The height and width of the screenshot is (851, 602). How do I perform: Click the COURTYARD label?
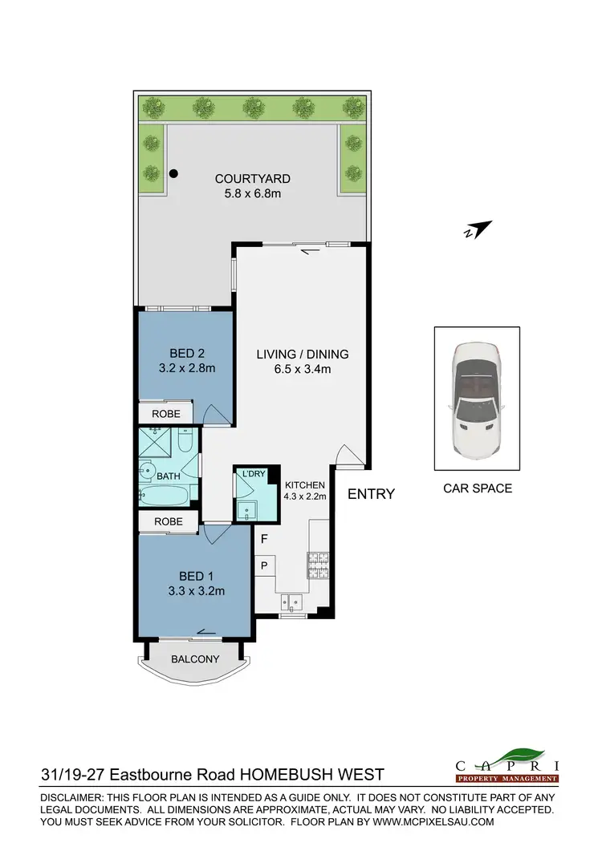tap(252, 179)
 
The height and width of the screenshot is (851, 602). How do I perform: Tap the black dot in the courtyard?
tap(173, 173)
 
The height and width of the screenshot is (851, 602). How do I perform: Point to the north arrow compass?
tap(477, 230)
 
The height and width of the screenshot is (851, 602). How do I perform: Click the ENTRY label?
tap(371, 494)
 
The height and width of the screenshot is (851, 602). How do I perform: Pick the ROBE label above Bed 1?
tap(168, 521)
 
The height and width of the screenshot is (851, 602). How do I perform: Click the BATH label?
tap(168, 476)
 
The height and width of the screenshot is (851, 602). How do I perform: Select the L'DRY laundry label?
tap(254, 475)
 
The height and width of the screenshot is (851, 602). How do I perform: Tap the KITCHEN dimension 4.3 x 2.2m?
tap(304, 496)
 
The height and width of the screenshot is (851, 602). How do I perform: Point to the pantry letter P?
tap(263, 565)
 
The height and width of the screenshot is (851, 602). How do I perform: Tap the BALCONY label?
tap(195, 659)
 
